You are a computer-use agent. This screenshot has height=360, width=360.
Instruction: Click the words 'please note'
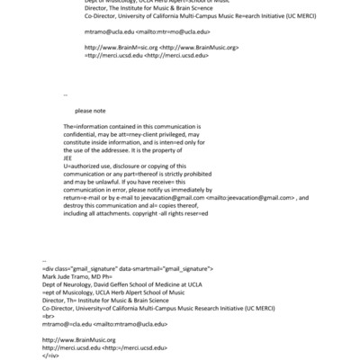92,111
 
